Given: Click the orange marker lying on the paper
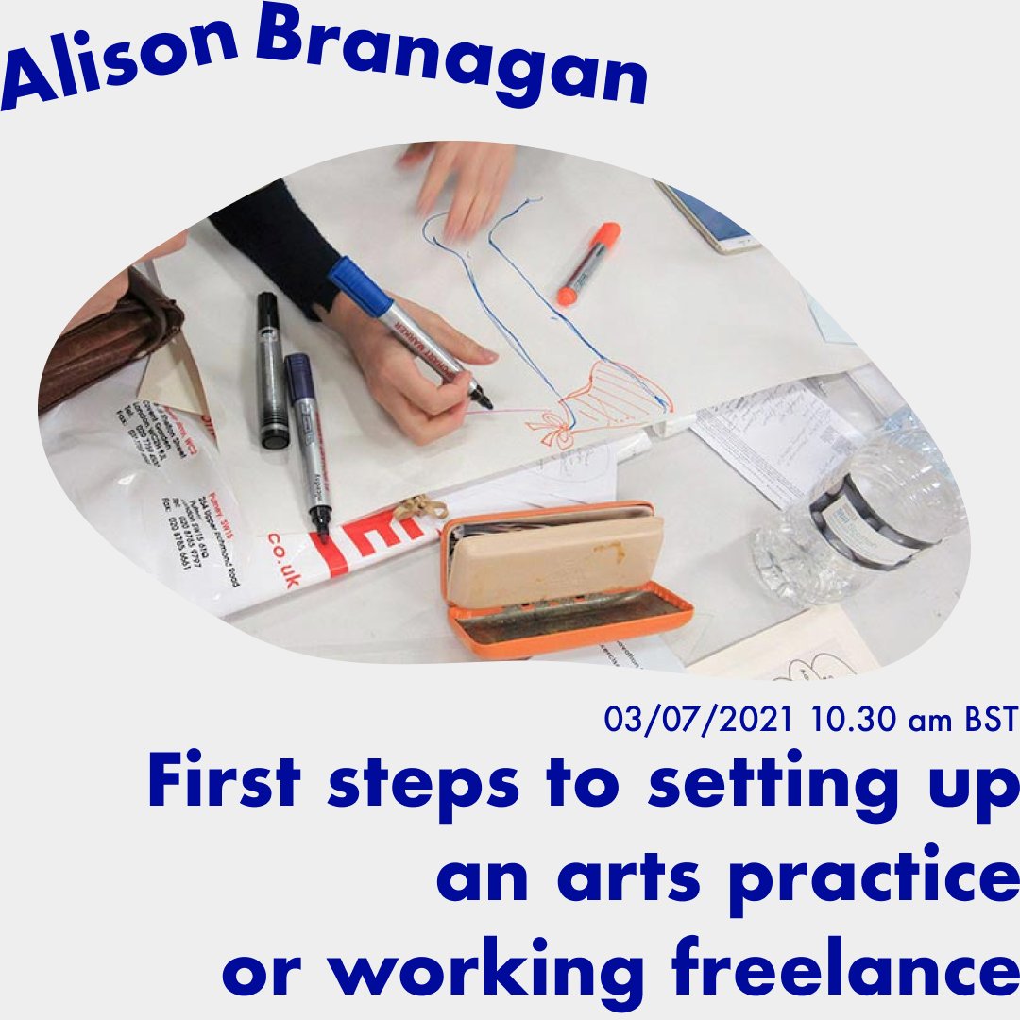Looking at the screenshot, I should pos(587,263).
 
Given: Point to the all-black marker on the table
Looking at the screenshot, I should pos(271,368).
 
